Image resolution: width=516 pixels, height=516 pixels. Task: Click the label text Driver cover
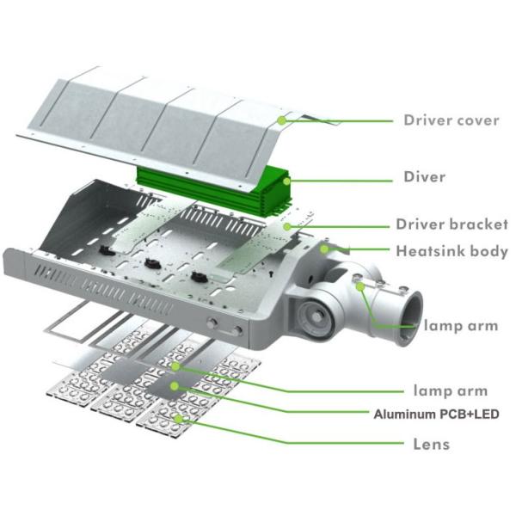pyautogui.click(x=451, y=120)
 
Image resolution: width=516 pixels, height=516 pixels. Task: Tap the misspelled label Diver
pyautogui.click(x=425, y=177)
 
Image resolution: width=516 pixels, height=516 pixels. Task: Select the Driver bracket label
pyautogui.click(x=451, y=224)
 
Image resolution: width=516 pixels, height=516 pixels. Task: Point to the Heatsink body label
pyautogui.click(x=451, y=252)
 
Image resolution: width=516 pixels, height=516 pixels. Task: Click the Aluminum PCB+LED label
pyautogui.click(x=436, y=414)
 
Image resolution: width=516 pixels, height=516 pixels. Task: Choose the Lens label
pyautogui.click(x=430, y=444)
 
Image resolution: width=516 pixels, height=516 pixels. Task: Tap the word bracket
pyautogui.click(x=477, y=224)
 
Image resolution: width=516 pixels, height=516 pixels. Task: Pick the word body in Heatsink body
pyautogui.click(x=488, y=252)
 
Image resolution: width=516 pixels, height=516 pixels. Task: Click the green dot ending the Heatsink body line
pyautogui.click(x=325, y=248)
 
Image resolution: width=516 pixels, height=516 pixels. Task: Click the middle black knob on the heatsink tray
pyautogui.click(x=155, y=264)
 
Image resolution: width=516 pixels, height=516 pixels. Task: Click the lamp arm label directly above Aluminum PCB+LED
pyautogui.click(x=451, y=391)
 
